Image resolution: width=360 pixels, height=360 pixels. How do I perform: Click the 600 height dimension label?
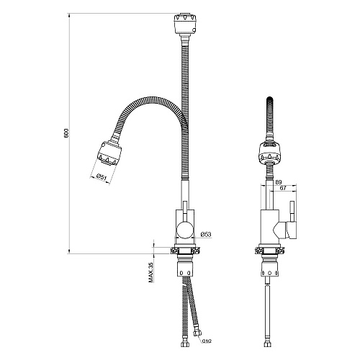coord(66,133)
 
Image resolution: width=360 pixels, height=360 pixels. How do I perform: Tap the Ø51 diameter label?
coord(101,177)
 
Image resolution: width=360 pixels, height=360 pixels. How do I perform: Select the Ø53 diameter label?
coord(206,234)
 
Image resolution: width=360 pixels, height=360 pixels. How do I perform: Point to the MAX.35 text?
coord(150,272)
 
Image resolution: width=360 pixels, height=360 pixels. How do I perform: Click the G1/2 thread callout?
coord(207,341)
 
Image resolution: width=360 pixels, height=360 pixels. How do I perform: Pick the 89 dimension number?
coord(278,182)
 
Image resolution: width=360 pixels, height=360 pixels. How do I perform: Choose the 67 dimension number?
coord(283,188)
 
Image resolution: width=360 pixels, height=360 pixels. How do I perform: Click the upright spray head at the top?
coord(185,23)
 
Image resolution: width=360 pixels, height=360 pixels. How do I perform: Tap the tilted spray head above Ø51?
coord(109,153)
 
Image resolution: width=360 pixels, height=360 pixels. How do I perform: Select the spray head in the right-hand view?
coord(270,151)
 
